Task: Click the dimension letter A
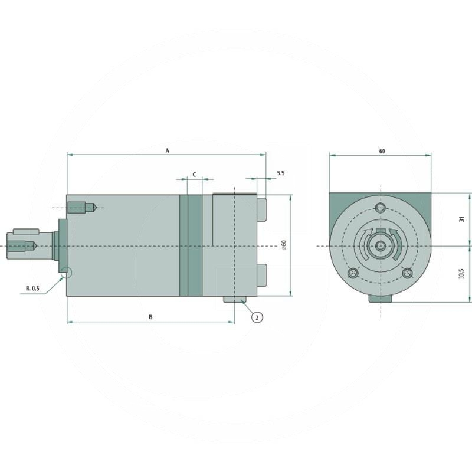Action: tap(167, 151)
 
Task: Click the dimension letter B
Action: tap(150, 317)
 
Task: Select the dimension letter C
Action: tap(194, 175)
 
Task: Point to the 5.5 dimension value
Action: tap(280, 173)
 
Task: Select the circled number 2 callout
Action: tap(257, 317)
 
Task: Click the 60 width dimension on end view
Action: tap(382, 151)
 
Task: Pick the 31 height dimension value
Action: tap(462, 219)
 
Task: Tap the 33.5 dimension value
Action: tap(462, 274)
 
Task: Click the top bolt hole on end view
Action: tap(381, 208)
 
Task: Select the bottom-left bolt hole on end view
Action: tap(353, 273)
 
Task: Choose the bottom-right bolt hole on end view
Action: tap(407, 273)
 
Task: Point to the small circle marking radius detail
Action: tap(66, 273)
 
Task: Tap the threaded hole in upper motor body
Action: tap(81, 208)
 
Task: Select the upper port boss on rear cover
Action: tap(262, 211)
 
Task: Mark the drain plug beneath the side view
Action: tap(235, 300)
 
